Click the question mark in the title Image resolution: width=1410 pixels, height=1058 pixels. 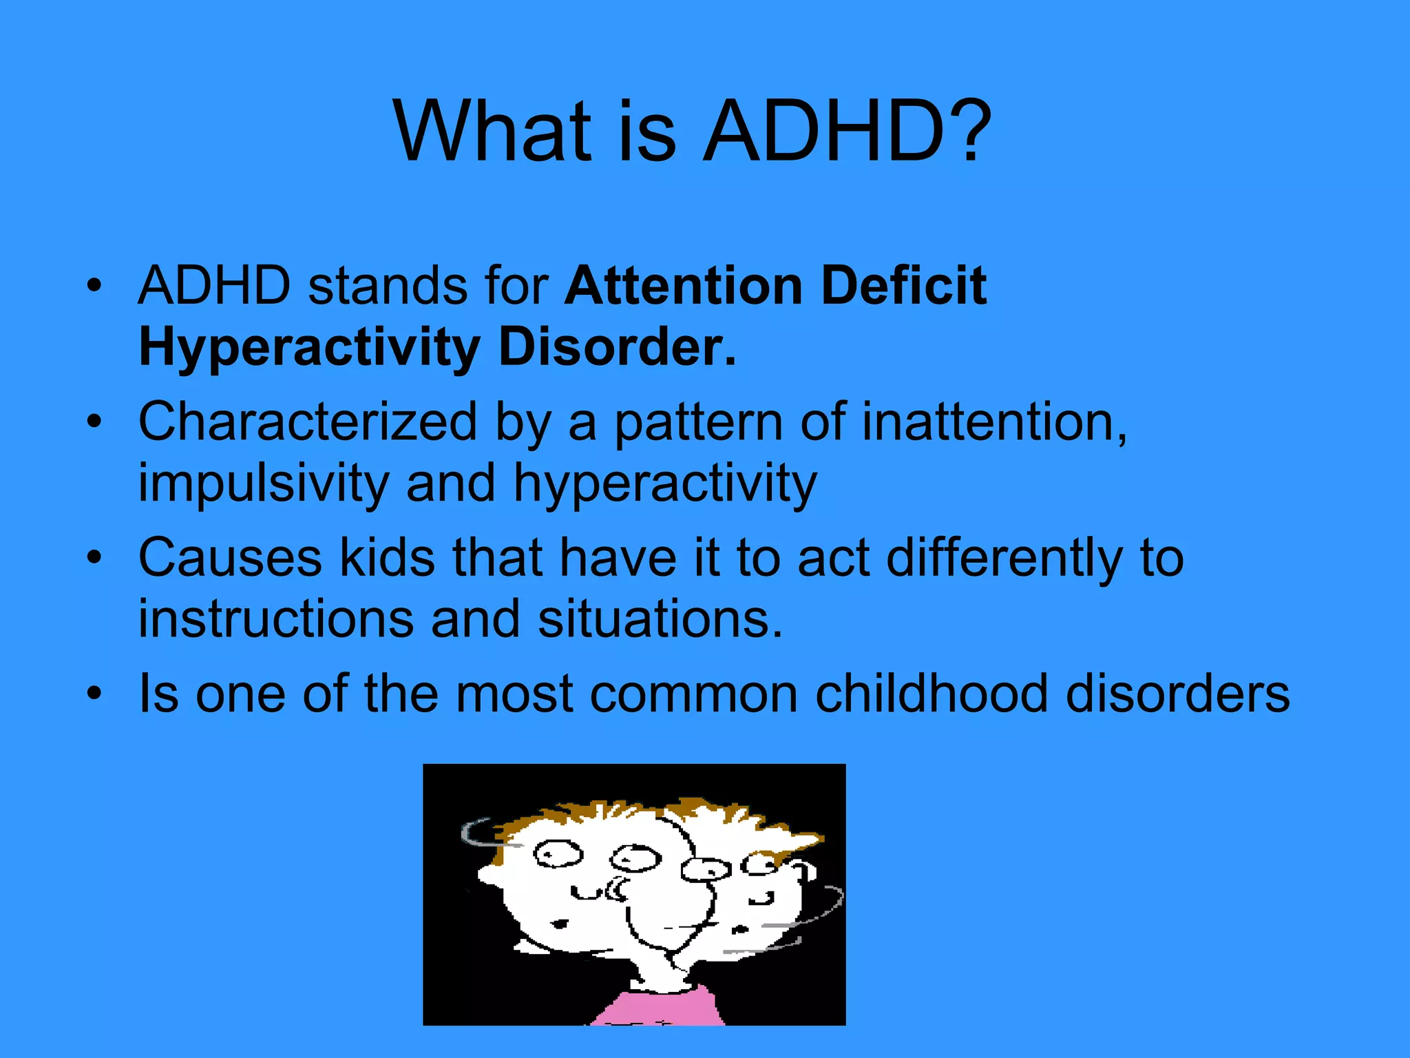pyautogui.click(x=968, y=131)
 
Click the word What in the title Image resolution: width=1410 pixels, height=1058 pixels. pyautogui.click(x=492, y=131)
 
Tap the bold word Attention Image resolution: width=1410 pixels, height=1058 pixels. pyautogui.click(x=684, y=285)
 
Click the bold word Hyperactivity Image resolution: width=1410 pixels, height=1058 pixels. pyautogui.click(x=309, y=348)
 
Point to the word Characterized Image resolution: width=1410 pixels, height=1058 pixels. pyautogui.click(x=308, y=422)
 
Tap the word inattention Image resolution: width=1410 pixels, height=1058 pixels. pyautogui.click(x=994, y=422)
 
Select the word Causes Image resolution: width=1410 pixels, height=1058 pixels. pyautogui.click(x=230, y=557)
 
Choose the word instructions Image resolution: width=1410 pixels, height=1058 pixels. pyautogui.click(x=276, y=619)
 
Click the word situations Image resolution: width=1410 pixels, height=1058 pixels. pyautogui.click(x=660, y=619)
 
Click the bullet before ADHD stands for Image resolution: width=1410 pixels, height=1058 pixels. pyautogui.click(x=94, y=285)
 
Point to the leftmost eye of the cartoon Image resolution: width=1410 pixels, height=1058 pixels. pyautogui.click(x=558, y=854)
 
